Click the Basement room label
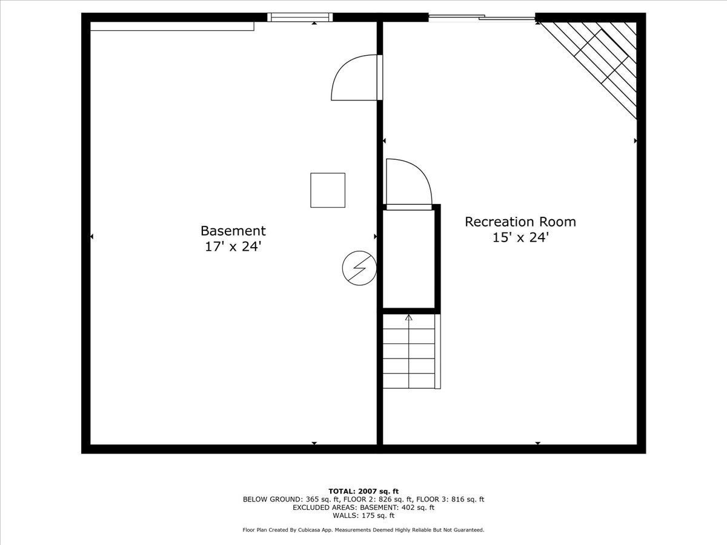click(x=233, y=231)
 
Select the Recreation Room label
click(x=520, y=222)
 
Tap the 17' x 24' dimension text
click(x=233, y=246)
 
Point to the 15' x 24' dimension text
click(x=520, y=237)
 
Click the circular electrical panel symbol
click(x=359, y=268)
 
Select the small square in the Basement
click(x=328, y=190)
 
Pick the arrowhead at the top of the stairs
click(x=409, y=317)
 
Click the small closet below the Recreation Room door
click(x=409, y=259)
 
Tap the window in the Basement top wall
click(x=300, y=17)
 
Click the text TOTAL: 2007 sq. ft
click(x=363, y=491)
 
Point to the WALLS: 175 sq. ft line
click(x=363, y=516)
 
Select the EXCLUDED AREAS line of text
click(x=363, y=507)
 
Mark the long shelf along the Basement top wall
click(x=172, y=26)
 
